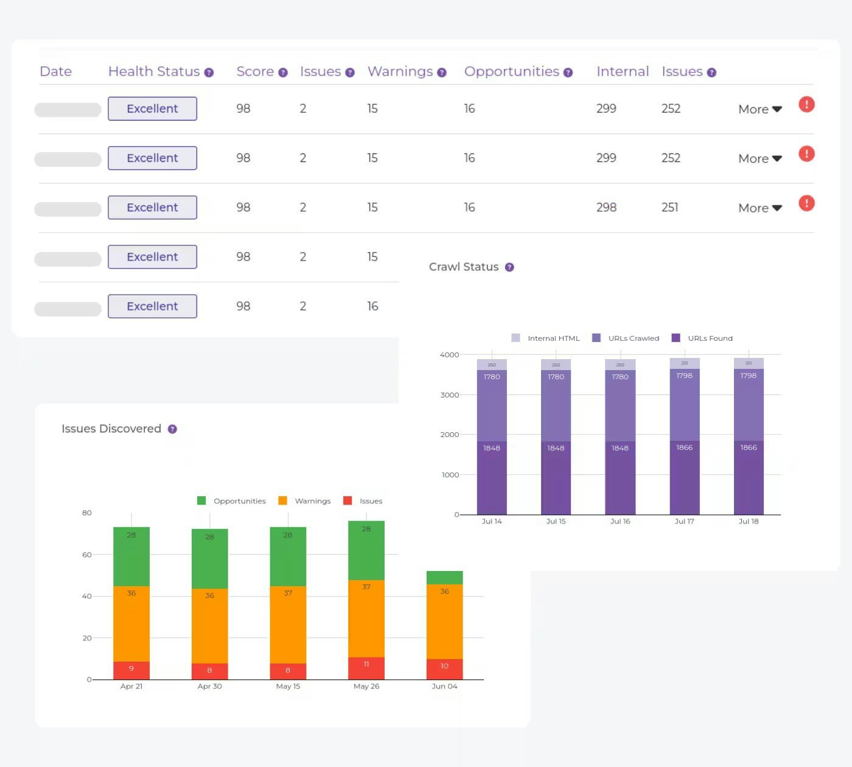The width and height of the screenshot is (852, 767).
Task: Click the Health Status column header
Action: click(x=154, y=72)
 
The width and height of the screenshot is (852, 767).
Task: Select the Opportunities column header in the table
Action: click(x=511, y=72)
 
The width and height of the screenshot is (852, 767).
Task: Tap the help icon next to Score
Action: click(x=283, y=73)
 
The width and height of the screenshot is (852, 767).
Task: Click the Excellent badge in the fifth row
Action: click(x=152, y=306)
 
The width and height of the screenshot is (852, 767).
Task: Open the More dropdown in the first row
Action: click(x=759, y=110)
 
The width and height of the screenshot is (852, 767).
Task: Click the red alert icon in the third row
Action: click(x=806, y=203)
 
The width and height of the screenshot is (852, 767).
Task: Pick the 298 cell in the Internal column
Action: click(x=606, y=208)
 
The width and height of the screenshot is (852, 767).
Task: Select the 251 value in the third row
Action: click(x=669, y=208)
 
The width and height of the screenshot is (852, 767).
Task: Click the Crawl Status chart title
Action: click(x=464, y=267)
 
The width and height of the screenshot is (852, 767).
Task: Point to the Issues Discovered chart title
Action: click(x=111, y=429)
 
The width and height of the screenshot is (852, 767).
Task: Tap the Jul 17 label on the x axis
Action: click(x=684, y=522)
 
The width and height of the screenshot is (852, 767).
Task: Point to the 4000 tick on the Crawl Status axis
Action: click(x=449, y=355)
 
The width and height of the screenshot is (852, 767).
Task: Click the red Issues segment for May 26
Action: click(x=366, y=668)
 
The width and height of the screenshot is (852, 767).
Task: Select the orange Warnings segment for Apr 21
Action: click(x=131, y=624)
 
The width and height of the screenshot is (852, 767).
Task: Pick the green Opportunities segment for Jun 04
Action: click(x=444, y=578)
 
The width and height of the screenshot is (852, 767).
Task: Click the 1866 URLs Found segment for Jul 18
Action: click(x=749, y=478)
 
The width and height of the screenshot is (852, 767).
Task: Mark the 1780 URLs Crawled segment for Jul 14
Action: click(x=492, y=405)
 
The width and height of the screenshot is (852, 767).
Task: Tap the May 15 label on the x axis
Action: click(x=288, y=687)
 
